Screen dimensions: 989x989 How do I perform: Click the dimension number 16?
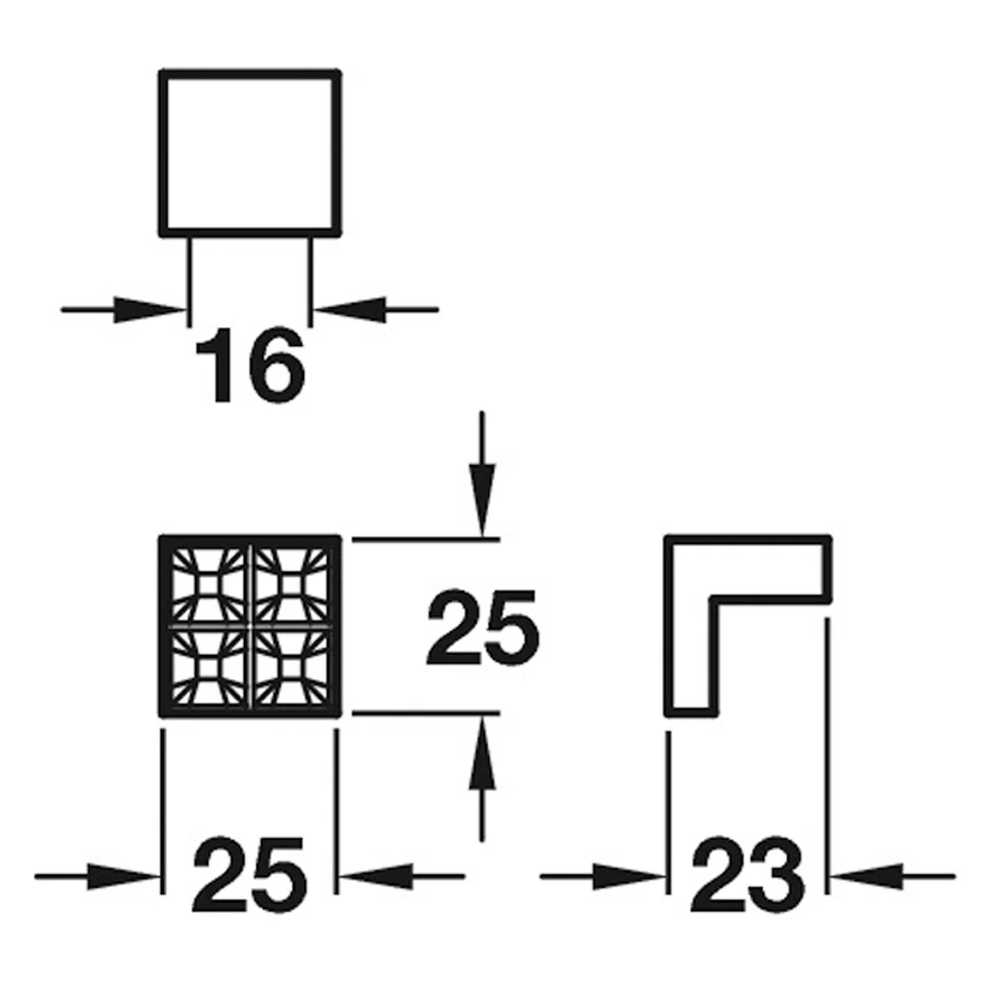(251, 365)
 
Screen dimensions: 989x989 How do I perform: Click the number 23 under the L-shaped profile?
(748, 881)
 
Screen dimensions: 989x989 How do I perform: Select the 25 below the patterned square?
(250, 881)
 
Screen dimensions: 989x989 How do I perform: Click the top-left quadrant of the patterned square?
(208, 584)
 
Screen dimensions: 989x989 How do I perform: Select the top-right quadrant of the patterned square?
(292, 584)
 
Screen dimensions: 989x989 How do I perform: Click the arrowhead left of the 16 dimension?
(149, 310)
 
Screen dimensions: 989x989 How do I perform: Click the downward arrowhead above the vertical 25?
(482, 500)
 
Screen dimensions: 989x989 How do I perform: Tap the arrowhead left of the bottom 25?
(123, 877)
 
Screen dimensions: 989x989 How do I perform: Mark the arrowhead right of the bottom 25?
(376, 877)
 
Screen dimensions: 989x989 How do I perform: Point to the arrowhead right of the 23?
(867, 877)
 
